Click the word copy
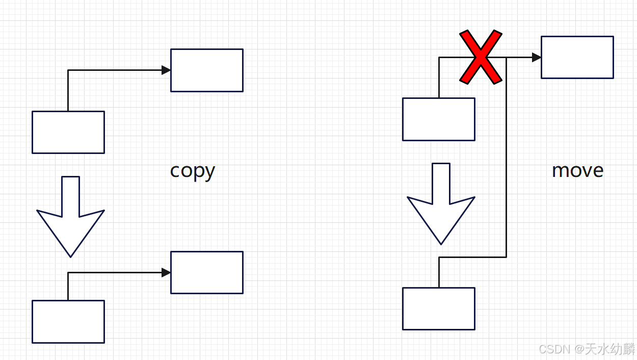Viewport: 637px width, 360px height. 192,171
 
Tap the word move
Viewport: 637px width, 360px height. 577,170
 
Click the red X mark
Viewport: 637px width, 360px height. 481,57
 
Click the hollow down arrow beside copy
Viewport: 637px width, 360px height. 70,214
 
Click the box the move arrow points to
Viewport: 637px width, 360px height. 577,57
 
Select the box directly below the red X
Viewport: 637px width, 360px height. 438,119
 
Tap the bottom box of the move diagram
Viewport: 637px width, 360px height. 438,308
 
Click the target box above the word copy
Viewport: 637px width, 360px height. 206,70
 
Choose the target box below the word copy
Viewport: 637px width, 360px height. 206,272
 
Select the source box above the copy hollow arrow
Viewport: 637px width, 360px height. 68,132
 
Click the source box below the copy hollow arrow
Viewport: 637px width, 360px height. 68,321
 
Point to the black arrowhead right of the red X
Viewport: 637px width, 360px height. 536,57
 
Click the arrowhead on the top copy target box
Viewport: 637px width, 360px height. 166,70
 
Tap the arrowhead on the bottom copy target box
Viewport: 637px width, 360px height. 166,272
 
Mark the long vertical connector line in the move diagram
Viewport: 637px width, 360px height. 506,158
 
